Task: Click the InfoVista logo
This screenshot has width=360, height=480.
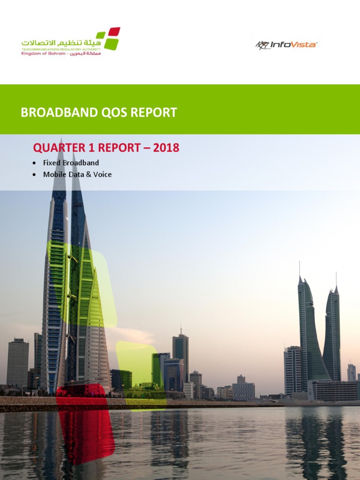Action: point(286,45)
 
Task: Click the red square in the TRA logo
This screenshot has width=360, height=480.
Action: point(114,32)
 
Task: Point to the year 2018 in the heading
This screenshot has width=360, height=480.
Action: point(166,148)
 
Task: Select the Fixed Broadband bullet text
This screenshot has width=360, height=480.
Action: point(71,163)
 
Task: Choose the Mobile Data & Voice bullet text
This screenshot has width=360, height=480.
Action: point(77,174)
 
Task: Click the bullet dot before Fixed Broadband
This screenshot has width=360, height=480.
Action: point(34,163)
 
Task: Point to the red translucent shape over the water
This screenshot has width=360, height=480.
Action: point(86,431)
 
